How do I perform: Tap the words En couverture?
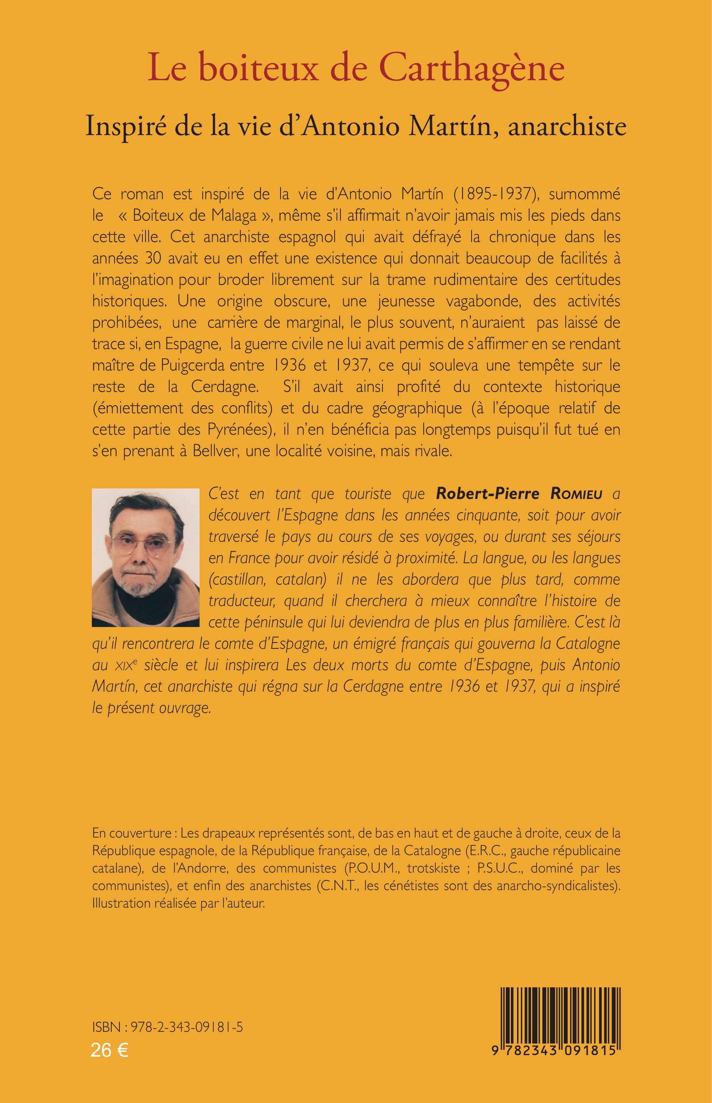pos(132,833)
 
